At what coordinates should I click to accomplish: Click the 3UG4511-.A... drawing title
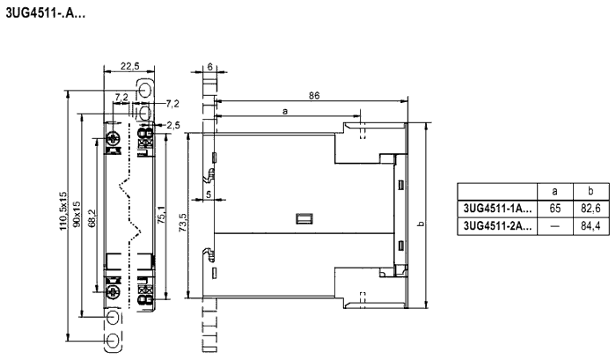coord(45,13)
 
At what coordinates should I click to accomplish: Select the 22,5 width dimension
coord(129,66)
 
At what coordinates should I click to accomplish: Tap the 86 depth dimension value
coord(314,96)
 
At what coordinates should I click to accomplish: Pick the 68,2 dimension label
coord(92,218)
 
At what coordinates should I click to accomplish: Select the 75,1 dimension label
coord(161,215)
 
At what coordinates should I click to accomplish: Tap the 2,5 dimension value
coord(172,125)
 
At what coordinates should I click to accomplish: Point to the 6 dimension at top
coord(209,67)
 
